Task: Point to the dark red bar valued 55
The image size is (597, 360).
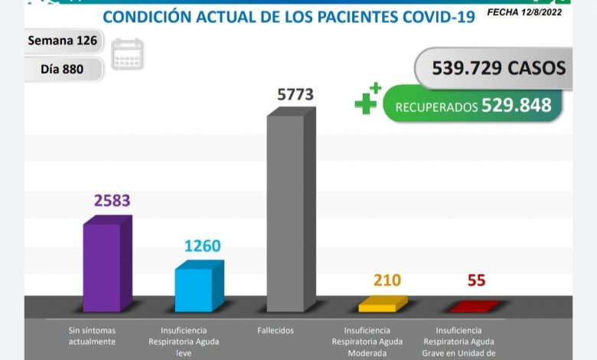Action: point(472,307)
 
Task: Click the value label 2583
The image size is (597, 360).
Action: point(113,201)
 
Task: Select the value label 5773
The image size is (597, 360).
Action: point(295,94)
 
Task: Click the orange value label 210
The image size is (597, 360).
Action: point(387,280)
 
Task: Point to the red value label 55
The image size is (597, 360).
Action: point(476,280)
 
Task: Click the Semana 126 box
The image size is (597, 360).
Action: point(63,41)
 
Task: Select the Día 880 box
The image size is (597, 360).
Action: point(63,70)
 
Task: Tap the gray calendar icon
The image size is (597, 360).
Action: point(127,54)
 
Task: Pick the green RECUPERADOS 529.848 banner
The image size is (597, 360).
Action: point(473,106)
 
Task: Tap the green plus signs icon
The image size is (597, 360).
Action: point(368,100)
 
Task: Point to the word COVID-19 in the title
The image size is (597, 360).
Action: point(432,17)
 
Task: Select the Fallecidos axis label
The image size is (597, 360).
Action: point(277,330)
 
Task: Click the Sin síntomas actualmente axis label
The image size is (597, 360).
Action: point(91,335)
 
